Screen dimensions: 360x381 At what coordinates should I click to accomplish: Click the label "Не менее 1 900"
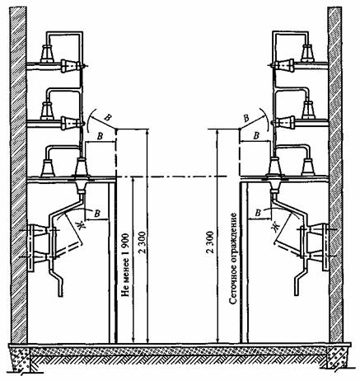125,265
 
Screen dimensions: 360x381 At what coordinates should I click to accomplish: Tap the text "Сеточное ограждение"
233,258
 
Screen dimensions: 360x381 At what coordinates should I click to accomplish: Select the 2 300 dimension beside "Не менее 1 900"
143,243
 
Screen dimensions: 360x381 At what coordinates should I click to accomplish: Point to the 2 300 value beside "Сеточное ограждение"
210,242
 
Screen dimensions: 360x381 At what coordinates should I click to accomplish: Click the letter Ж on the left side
81,225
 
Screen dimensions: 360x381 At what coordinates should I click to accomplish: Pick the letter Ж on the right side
276,227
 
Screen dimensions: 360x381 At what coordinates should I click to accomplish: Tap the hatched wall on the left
18,175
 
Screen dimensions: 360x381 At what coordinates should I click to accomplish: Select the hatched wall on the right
335,175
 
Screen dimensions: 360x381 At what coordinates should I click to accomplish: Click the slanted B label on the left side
108,118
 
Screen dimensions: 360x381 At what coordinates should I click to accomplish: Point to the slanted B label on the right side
247,119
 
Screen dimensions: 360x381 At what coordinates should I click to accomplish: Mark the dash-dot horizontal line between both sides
172,176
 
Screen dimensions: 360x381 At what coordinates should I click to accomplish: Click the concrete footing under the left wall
21,360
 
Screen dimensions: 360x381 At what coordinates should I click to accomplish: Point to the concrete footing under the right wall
337,358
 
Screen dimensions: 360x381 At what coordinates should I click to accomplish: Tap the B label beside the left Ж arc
96,214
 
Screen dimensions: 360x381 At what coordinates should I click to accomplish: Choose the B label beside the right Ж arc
258,213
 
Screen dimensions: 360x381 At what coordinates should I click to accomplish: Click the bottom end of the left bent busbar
61,294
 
